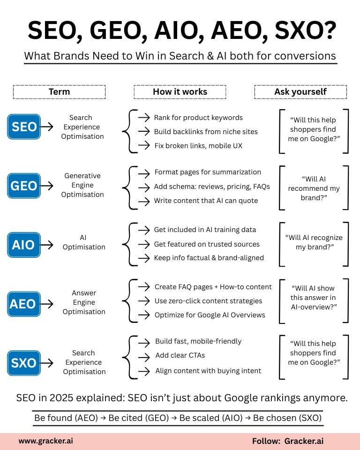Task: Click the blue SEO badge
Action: click(24, 127)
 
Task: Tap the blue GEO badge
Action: click(24, 186)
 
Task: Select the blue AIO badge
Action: click(24, 245)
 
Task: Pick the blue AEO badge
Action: click(24, 304)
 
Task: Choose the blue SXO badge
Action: click(24, 363)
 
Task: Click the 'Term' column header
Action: click(59, 92)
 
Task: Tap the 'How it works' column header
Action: click(180, 92)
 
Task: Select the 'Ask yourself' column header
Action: click(300, 92)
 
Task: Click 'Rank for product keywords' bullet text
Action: click(198, 118)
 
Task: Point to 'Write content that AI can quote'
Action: click(206, 201)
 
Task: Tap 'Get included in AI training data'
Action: click(205, 230)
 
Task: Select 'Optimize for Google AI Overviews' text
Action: click(210, 315)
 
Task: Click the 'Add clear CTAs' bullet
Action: click(180, 356)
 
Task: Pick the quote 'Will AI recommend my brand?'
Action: click(314, 188)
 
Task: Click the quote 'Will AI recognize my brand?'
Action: click(314, 242)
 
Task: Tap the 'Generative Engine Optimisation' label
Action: click(82, 185)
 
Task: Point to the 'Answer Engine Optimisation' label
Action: click(84, 302)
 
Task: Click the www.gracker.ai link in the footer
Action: click(45, 441)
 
